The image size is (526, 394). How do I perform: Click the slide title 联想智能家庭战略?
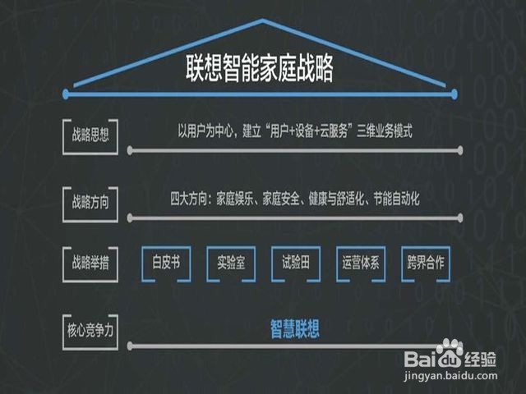pos(259,70)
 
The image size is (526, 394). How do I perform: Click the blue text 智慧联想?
pos(295,330)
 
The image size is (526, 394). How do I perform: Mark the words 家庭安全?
pos(280,198)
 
